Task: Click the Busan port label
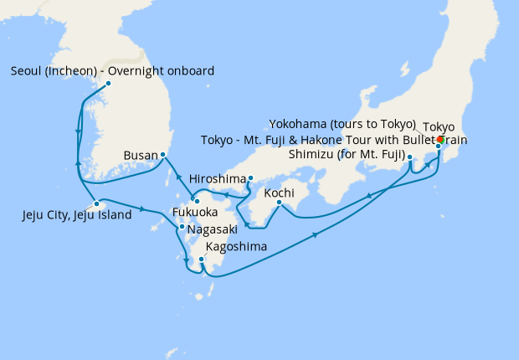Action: tap(139, 156)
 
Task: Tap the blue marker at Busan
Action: tap(162, 155)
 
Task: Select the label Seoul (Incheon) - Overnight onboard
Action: tap(113, 70)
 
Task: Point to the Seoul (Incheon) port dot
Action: tap(108, 84)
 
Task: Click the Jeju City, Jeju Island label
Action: tap(77, 215)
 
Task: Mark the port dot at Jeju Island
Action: tap(97, 203)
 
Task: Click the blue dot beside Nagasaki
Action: tap(182, 227)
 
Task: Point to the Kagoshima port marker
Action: tap(202, 260)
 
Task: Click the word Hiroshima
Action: tap(218, 179)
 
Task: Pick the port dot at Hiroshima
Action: tap(250, 177)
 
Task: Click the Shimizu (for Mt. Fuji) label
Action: tap(347, 155)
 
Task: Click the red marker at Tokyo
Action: tap(441, 139)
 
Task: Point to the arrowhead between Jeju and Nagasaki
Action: tap(148, 208)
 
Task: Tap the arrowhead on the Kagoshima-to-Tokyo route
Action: tap(316, 235)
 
